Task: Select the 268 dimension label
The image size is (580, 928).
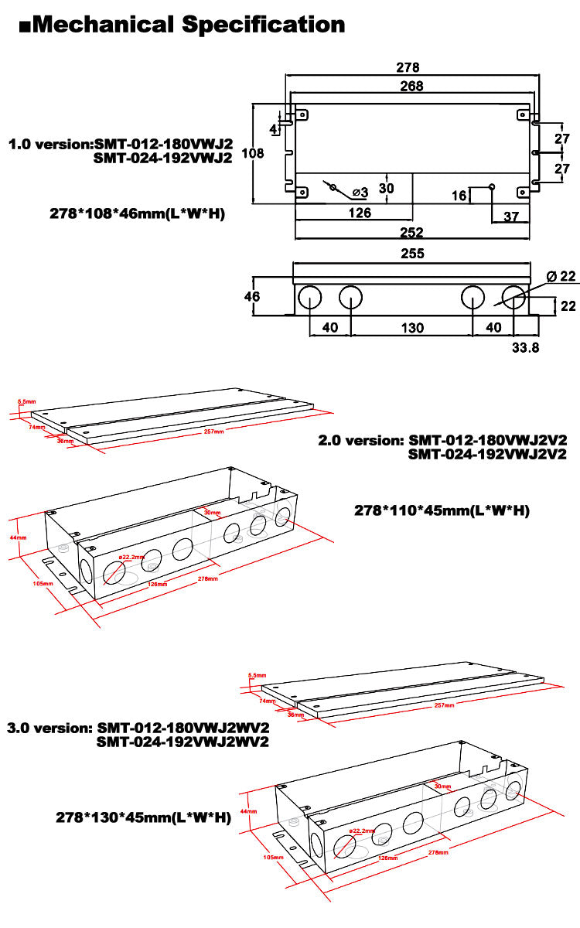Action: (x=411, y=86)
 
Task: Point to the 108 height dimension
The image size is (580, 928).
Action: (x=253, y=153)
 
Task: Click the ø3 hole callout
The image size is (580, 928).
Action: (x=359, y=191)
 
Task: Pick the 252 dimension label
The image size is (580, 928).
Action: (x=411, y=230)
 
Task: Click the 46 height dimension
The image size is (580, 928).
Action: (x=253, y=297)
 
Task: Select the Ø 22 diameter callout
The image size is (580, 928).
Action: (x=562, y=277)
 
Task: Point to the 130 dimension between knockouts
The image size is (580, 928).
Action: (x=411, y=328)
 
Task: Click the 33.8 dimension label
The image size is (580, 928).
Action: (x=525, y=347)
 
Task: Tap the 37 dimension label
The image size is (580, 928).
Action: (x=511, y=217)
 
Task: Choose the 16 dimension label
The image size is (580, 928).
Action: (x=459, y=196)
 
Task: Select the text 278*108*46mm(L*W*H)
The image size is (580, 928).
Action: (x=137, y=213)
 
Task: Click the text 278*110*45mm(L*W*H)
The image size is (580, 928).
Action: (x=442, y=510)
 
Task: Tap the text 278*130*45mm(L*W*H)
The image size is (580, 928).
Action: (x=143, y=817)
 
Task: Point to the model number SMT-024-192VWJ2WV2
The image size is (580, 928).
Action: (x=183, y=742)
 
